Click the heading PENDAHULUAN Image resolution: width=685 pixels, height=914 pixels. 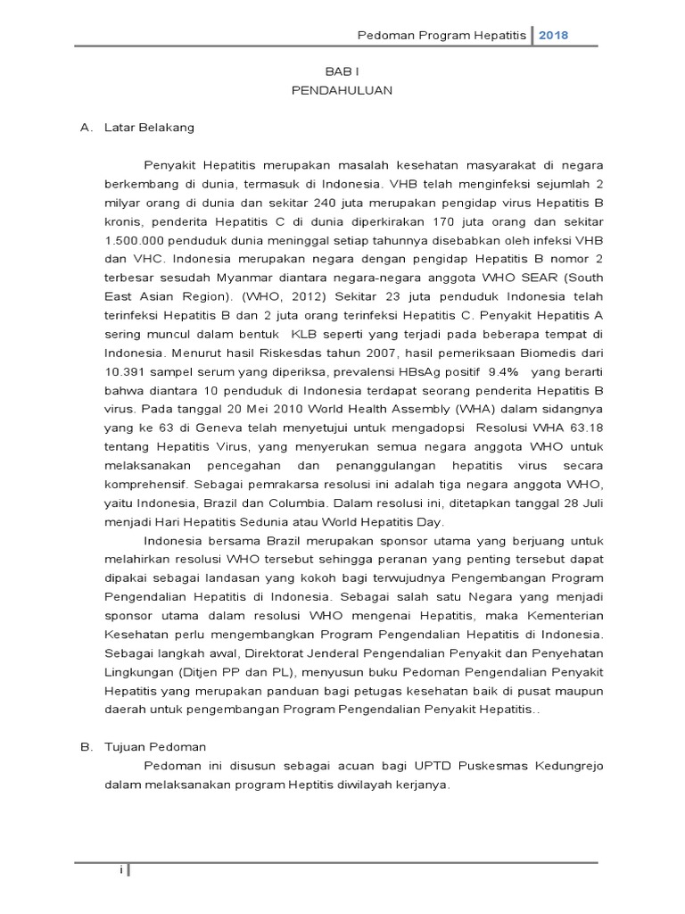pyautogui.click(x=342, y=90)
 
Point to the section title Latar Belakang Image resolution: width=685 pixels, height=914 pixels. pyautogui.click(x=149, y=127)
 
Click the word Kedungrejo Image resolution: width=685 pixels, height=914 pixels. pyautogui.click(x=567, y=765)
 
